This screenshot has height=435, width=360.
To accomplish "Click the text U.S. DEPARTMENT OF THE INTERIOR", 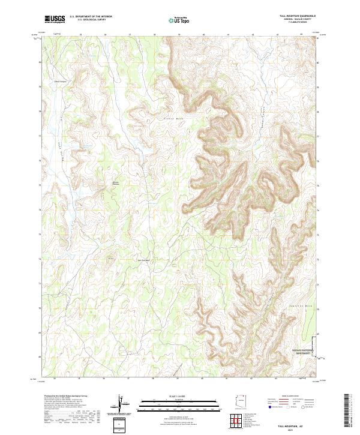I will [x=91, y=17].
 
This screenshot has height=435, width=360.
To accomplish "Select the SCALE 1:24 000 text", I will [x=179, y=395].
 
